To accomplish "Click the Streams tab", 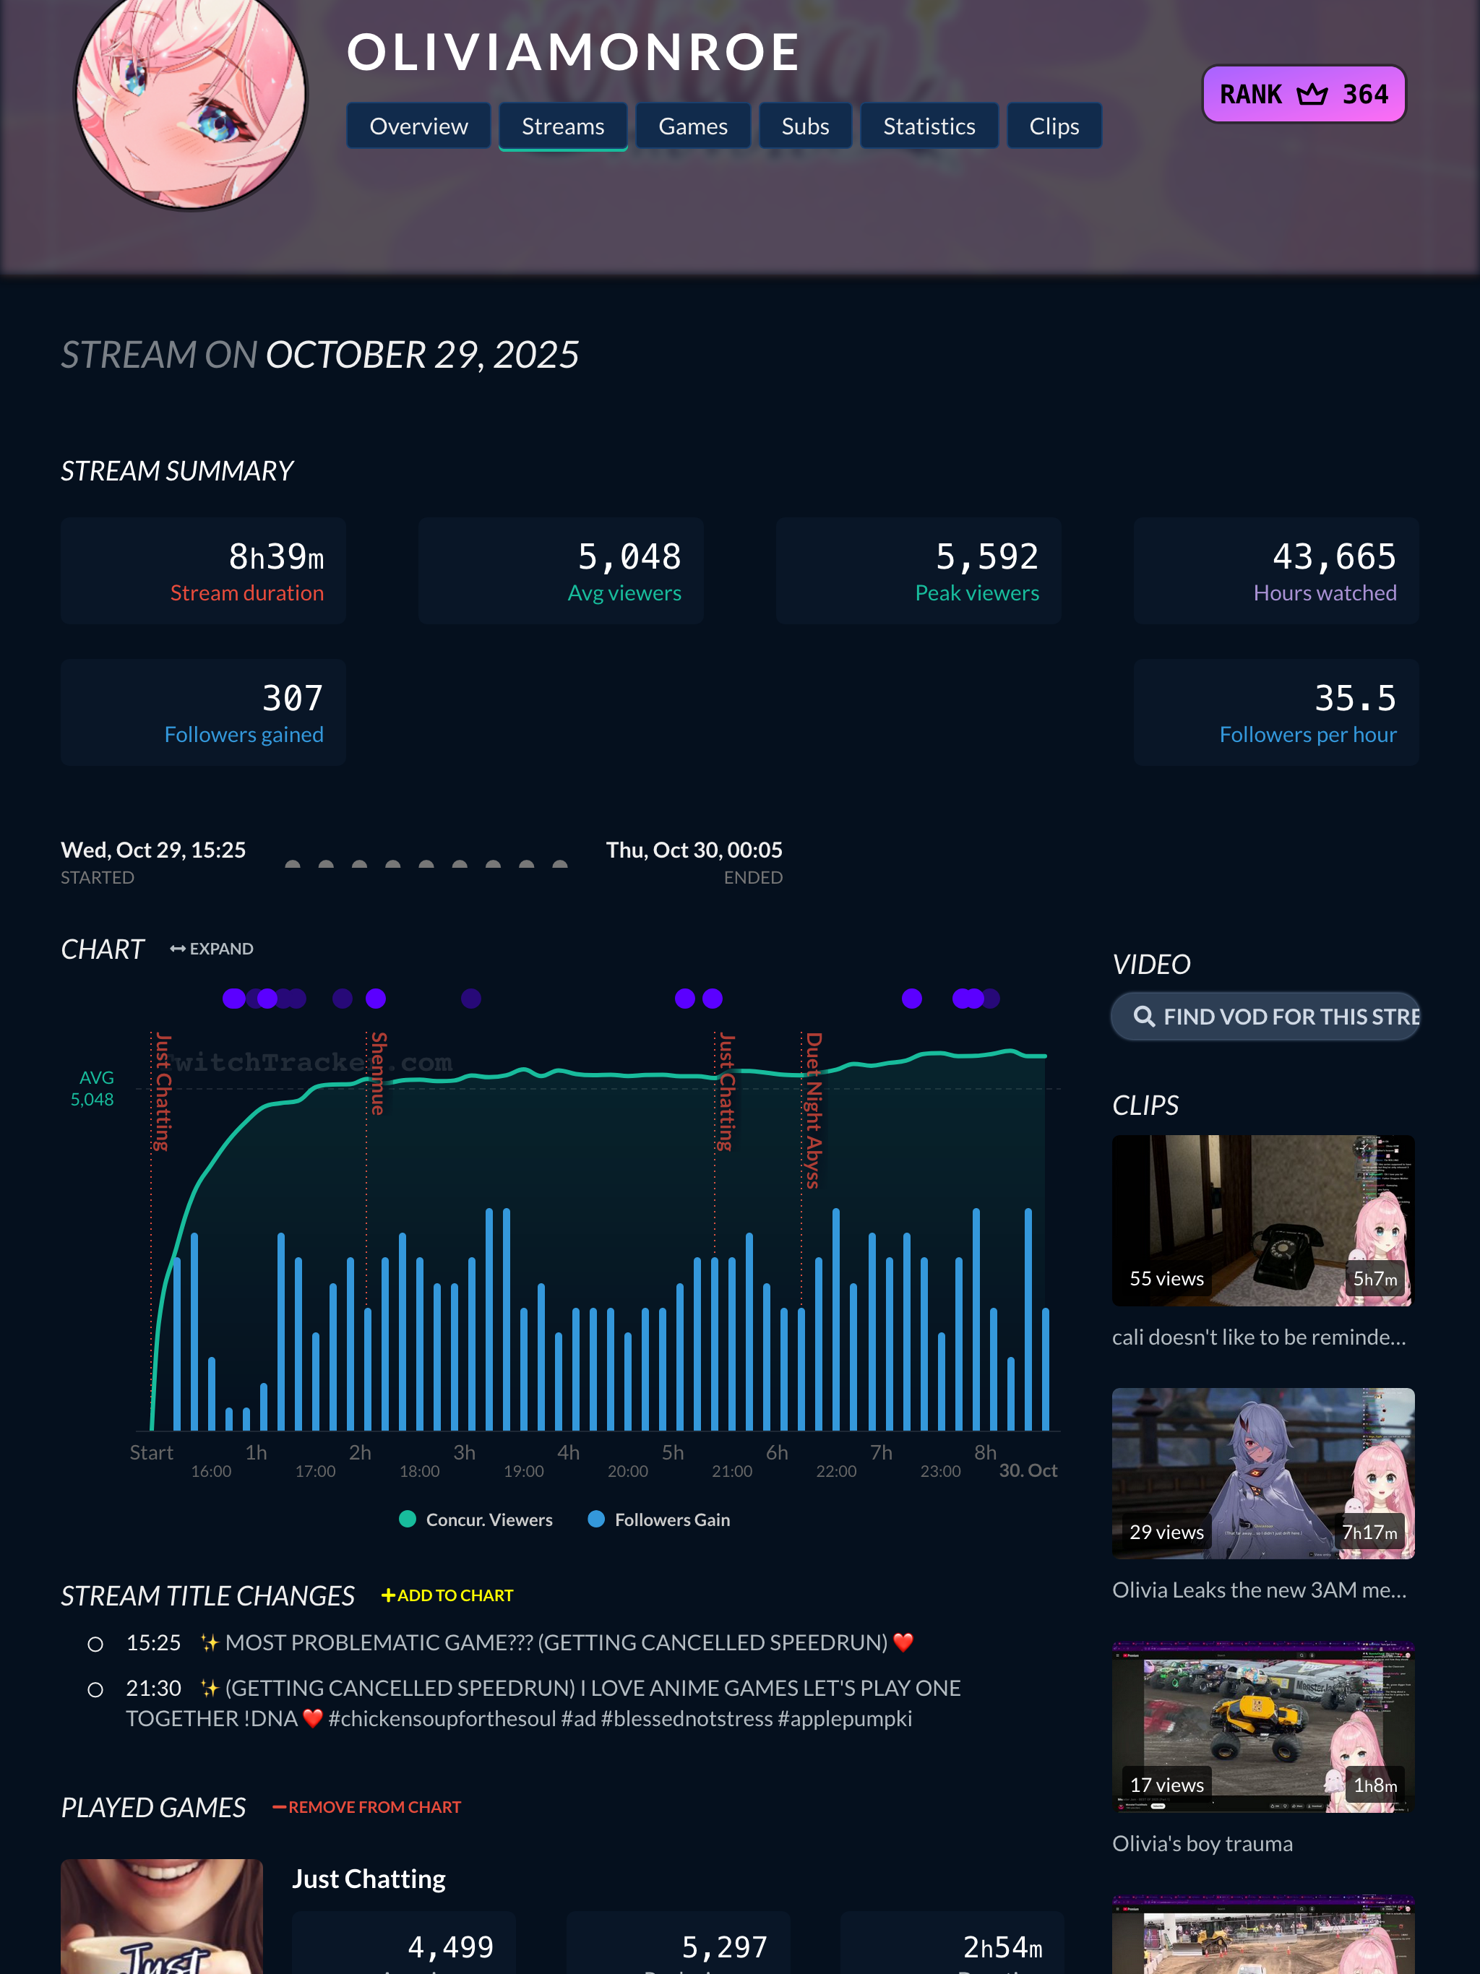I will click(562, 126).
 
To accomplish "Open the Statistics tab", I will click(929, 126).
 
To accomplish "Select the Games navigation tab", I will click(693, 126).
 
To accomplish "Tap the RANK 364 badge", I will click(1303, 95).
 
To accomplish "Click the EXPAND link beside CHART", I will click(212, 949).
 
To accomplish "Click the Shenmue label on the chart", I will click(379, 1073).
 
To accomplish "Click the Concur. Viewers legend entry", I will click(477, 1520).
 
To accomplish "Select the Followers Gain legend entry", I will click(660, 1520).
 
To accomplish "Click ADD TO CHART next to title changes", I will click(447, 1595).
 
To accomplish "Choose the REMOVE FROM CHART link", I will click(367, 1807).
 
